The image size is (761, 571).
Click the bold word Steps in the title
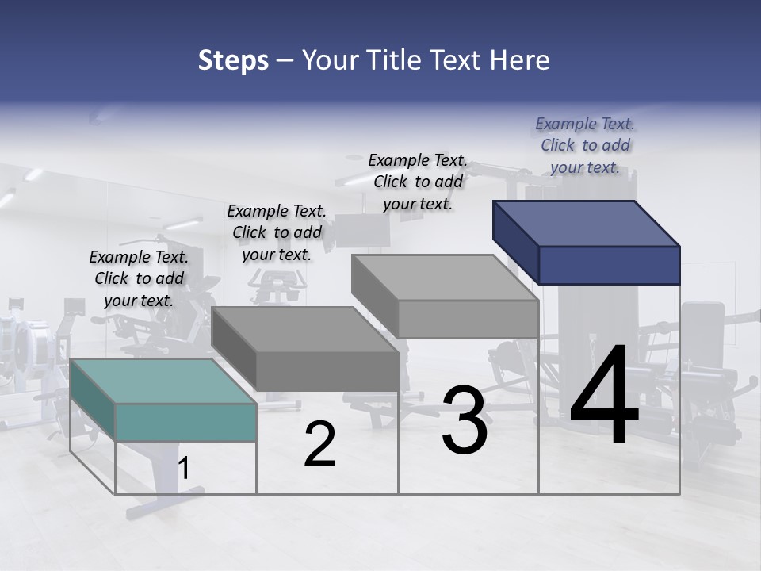click(x=233, y=61)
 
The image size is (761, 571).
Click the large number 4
click(x=604, y=397)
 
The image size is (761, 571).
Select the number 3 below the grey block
click(x=465, y=420)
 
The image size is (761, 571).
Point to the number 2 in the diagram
click(x=319, y=445)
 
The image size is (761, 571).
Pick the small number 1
click(x=184, y=469)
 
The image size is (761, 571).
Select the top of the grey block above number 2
click(x=305, y=329)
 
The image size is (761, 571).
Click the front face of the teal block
click(x=185, y=422)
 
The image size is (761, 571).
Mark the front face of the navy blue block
click(x=609, y=265)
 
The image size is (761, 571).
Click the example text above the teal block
click(x=139, y=278)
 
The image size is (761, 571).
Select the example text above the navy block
click(x=585, y=145)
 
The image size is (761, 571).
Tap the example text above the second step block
click(x=277, y=232)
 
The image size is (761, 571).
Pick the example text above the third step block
click(x=418, y=182)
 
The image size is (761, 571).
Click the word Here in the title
click(x=518, y=61)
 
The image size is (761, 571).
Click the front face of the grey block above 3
click(x=468, y=320)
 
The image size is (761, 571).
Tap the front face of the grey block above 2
click(x=327, y=371)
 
